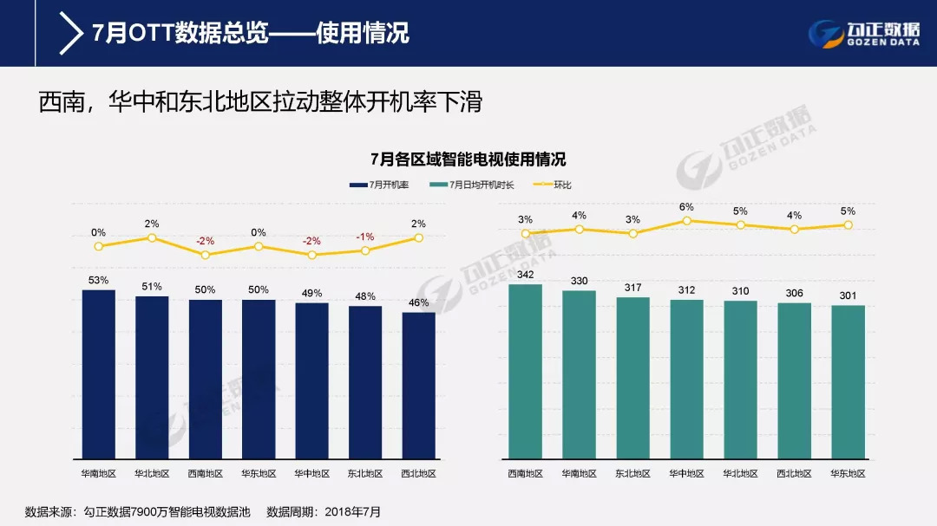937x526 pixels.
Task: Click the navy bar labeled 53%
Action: pyautogui.click(x=98, y=373)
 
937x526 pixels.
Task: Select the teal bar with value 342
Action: pyautogui.click(x=525, y=371)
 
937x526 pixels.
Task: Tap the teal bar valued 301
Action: pyautogui.click(x=848, y=381)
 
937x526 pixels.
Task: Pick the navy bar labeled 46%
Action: pyautogui.click(x=419, y=385)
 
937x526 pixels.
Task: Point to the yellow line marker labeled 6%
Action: pyautogui.click(x=686, y=221)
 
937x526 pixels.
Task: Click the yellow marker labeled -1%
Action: pyautogui.click(x=365, y=250)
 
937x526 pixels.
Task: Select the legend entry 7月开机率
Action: pyautogui.click(x=379, y=185)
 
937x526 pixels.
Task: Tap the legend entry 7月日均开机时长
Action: pyautogui.click(x=476, y=185)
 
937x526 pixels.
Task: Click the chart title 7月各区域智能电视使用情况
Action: pyautogui.click(x=468, y=159)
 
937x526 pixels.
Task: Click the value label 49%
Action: pyautogui.click(x=311, y=293)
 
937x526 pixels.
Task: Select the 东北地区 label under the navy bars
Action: pyautogui.click(x=365, y=474)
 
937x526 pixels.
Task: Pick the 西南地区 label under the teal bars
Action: pyautogui.click(x=525, y=474)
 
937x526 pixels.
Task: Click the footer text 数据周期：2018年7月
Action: pyautogui.click(x=324, y=511)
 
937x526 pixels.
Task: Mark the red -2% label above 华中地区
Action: pyautogui.click(x=311, y=241)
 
